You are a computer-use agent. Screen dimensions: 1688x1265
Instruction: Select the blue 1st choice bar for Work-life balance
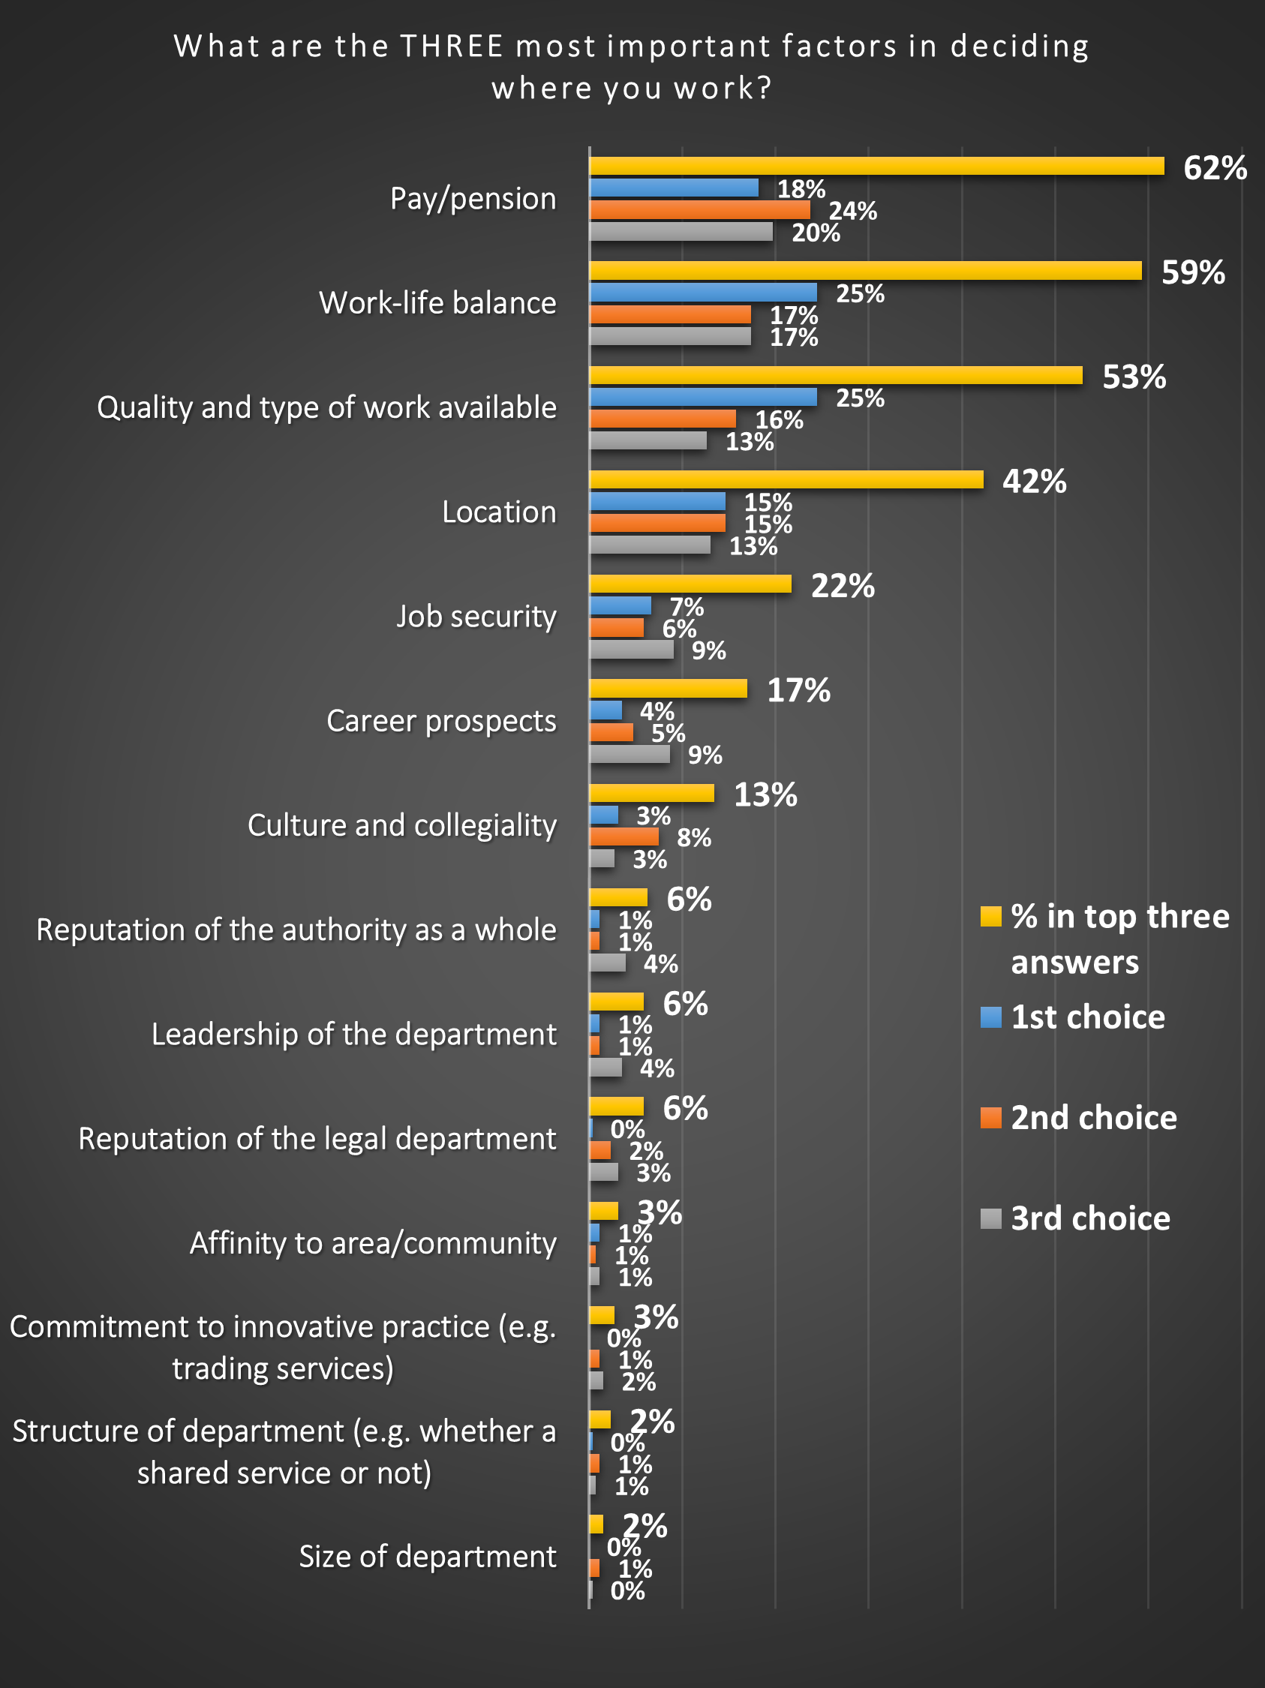703,293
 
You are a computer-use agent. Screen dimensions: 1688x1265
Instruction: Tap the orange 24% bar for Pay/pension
699,209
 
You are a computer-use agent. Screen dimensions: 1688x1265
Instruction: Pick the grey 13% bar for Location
649,544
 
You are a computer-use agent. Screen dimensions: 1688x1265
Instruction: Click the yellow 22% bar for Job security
690,584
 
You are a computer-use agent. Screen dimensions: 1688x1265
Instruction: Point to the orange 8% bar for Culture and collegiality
623,836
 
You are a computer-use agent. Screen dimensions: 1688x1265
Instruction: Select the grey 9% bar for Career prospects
629,754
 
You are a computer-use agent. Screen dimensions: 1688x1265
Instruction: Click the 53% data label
1134,377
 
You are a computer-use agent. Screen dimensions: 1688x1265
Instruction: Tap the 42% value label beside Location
1034,482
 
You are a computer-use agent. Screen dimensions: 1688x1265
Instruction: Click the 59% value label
1192,272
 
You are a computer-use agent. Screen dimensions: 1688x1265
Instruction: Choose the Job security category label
476,616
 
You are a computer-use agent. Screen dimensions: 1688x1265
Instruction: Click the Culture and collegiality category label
402,825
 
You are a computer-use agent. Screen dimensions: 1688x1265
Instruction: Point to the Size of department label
427,1556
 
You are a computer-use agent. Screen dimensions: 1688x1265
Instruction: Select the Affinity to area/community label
373,1243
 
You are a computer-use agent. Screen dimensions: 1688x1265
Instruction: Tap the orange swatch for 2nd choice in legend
990,1117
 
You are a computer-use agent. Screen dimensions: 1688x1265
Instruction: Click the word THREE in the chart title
452,47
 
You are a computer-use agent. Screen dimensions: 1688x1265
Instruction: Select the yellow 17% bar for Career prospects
668,688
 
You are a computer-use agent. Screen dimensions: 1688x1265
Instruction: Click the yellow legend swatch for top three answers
990,916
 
